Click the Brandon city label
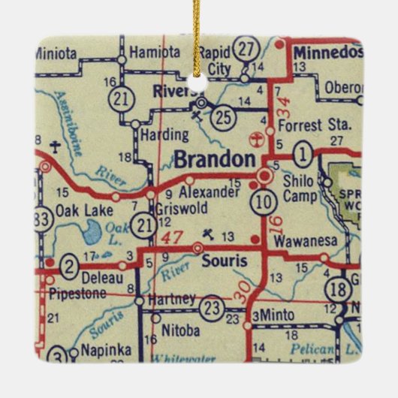click(x=215, y=160)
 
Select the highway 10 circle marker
click(x=262, y=201)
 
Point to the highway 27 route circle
click(x=245, y=49)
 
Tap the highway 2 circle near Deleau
click(x=68, y=264)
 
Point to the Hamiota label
click(x=155, y=53)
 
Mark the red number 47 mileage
click(x=172, y=237)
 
